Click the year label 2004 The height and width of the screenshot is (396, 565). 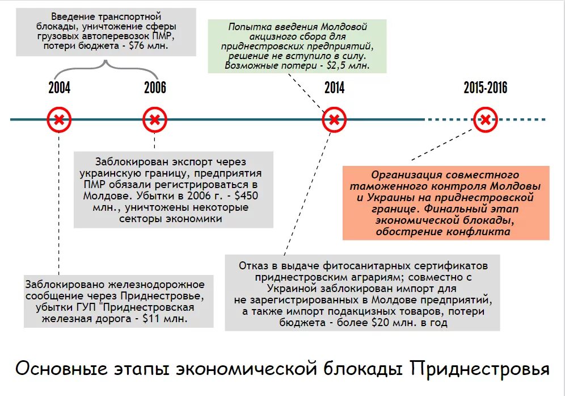pos(59,88)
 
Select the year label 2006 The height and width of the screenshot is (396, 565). pos(155,88)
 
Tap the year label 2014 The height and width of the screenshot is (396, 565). pos(334,88)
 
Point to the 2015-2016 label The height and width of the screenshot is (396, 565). pos(485,88)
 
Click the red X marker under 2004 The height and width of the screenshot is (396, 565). pos(59,120)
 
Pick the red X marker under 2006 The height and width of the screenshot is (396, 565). pos(155,120)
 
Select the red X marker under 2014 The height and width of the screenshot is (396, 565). pos(334,120)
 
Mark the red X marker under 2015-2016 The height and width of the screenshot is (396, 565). pos(486,120)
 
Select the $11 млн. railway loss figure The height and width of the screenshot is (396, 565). pos(165,319)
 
